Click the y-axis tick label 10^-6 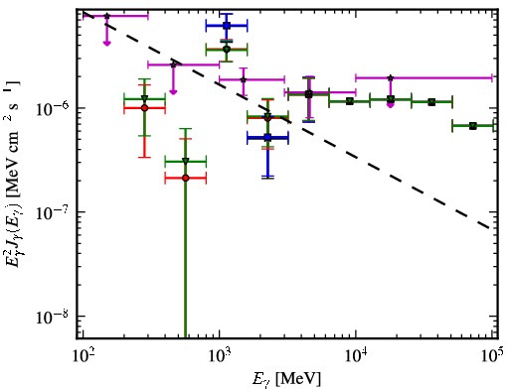pos(53,108)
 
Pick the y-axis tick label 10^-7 pos(53,212)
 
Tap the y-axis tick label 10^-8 pos(53,317)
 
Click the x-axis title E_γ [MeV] pos(286,379)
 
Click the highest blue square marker pos(227,26)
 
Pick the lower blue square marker pos(267,137)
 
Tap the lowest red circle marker pos(186,179)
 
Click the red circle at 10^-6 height pos(144,108)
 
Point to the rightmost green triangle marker pos(473,126)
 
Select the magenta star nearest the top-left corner pos(106,16)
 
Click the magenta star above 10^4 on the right pos(391,78)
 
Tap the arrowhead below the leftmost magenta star pos(106,43)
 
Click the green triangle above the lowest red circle pos(186,161)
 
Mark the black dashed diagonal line pos(286,120)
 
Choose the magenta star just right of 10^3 pos(244,79)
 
